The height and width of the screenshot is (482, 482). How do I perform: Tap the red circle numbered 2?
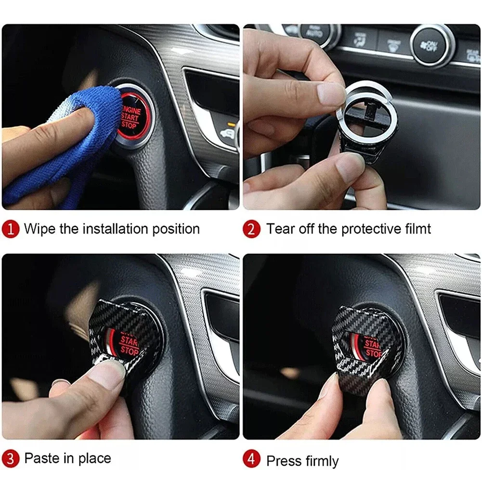tap(251, 229)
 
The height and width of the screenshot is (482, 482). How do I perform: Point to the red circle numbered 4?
tap(251, 460)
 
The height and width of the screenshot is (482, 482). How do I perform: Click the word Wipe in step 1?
tap(39, 229)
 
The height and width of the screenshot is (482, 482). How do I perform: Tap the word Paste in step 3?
tap(42, 458)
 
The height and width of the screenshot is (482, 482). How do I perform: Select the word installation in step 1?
tap(115, 229)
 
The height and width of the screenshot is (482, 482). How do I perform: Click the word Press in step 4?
tap(282, 461)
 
